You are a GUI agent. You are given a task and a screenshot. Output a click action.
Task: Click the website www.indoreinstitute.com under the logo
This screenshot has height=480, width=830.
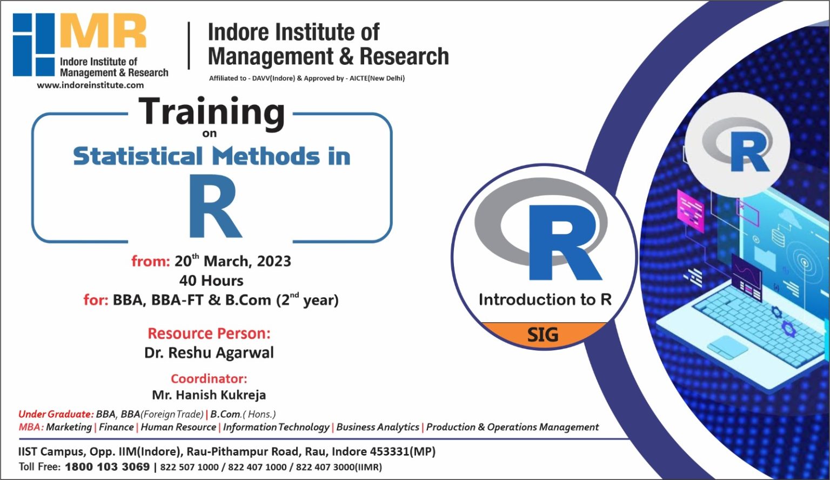point(90,85)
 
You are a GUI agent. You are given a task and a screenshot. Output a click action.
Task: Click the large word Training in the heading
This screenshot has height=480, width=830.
point(212,112)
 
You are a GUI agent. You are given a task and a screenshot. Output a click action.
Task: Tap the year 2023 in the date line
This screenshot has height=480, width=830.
point(274,262)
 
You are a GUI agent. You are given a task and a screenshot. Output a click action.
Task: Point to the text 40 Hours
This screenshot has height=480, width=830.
point(211,281)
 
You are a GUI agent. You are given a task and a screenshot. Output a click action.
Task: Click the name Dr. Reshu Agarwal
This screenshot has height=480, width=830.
point(209,353)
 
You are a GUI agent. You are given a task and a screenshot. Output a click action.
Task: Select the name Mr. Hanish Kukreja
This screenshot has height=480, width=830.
point(209,395)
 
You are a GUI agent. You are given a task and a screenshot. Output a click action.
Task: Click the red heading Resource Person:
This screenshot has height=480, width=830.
point(209,334)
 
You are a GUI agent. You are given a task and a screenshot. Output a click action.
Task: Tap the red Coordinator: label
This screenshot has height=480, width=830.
point(209,378)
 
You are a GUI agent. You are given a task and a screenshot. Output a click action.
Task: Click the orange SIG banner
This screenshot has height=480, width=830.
point(543,335)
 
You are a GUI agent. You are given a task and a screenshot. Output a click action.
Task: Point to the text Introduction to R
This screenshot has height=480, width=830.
point(545,299)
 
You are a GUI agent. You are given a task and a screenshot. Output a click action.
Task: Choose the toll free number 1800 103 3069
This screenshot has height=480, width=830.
point(107,467)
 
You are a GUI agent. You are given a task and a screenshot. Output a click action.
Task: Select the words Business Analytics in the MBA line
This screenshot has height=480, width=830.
point(378,427)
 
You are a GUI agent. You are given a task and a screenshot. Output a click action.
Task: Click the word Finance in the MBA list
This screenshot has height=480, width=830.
point(116,427)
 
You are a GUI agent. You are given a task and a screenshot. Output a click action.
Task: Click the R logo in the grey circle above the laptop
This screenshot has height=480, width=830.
point(738,145)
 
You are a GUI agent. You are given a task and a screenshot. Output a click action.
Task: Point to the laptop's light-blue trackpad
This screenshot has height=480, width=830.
point(727,345)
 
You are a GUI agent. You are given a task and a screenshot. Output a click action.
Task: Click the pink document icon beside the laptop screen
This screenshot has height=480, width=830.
point(691,210)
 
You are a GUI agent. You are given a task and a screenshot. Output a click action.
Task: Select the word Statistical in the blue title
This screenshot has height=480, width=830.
point(138,157)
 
